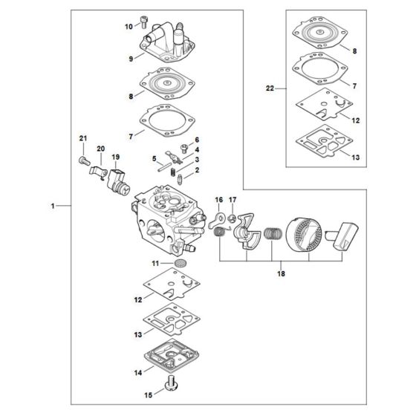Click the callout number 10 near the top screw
tap(129, 27)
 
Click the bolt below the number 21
tap(83, 157)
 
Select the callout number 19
tap(116, 157)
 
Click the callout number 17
tap(233, 201)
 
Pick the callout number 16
tap(218, 201)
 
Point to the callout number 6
tap(198, 140)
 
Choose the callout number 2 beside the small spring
tap(198, 170)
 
